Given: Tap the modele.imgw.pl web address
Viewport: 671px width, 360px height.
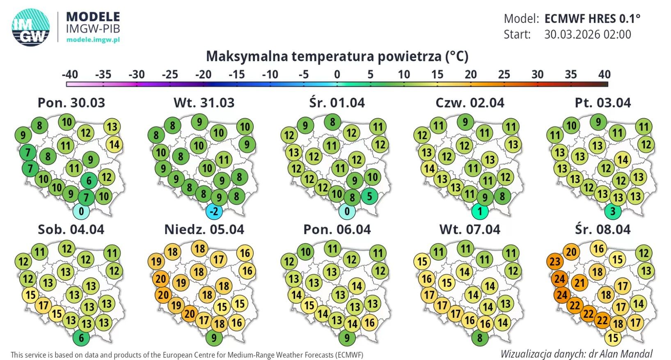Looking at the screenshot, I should coord(93,39).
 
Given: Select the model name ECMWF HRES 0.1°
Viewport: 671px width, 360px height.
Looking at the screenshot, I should coord(592,18).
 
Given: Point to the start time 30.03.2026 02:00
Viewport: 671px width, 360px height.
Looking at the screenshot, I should coord(588,34).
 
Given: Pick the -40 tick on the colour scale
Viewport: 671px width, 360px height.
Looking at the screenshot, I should coord(70,74).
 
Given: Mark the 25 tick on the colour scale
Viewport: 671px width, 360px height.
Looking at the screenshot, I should coord(504,74).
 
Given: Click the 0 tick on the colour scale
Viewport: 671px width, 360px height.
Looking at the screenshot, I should coord(337,74).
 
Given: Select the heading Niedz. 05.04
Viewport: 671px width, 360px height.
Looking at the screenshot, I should coord(204,229).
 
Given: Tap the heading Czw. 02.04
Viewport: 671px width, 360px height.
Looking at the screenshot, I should coord(469,102).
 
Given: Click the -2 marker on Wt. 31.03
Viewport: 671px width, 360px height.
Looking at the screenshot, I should coord(214,211).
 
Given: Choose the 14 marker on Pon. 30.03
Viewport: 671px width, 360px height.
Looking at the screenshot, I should coord(114,144).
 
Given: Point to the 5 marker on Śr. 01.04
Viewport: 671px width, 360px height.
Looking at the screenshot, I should coord(369,196).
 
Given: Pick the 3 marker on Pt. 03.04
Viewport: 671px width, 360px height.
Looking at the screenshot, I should coord(613,211).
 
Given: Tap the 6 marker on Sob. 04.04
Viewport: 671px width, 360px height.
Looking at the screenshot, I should coord(81,338).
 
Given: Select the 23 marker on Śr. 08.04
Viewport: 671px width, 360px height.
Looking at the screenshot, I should coord(555,261).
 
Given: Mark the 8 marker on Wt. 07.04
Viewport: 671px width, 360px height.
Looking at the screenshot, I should coord(479,338).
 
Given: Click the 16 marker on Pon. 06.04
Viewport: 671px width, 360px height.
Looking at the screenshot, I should coord(369,322).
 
